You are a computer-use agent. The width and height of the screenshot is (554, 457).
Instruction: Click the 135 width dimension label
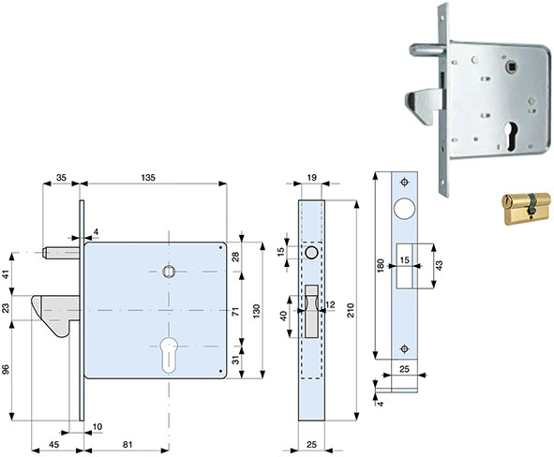point(148,177)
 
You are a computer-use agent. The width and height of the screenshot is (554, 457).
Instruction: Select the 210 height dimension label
point(351,310)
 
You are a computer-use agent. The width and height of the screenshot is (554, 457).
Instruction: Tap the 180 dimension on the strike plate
point(381,265)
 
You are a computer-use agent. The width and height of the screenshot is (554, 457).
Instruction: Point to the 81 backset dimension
point(127,444)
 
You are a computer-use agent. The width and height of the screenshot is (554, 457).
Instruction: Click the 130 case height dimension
point(257,311)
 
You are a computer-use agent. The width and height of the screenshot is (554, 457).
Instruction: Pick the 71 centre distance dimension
point(235,311)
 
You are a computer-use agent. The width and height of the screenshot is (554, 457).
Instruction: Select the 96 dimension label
point(6,369)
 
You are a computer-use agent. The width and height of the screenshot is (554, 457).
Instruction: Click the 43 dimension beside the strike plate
point(439,265)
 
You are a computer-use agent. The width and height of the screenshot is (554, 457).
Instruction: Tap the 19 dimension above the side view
point(311,177)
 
